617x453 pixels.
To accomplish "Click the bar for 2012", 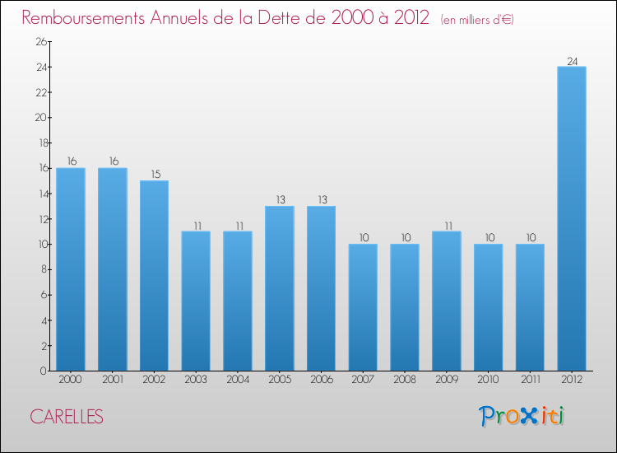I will point(572,218).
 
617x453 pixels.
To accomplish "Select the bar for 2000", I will point(71,269).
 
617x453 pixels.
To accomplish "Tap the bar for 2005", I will point(280,288).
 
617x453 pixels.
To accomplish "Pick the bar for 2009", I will point(447,301).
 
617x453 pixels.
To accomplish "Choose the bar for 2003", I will point(196,301).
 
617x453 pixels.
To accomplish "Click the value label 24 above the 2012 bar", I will point(572,60).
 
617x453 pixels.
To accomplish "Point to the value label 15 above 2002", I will point(155,175).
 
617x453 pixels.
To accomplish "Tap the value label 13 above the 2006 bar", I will point(322,200).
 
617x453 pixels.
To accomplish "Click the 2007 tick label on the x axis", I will point(363,381).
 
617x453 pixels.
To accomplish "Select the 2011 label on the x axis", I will point(530,381).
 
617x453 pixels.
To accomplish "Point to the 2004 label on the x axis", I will point(238,381).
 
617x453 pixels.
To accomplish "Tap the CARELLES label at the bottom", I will point(67,417).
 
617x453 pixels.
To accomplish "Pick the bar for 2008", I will point(405,307).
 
